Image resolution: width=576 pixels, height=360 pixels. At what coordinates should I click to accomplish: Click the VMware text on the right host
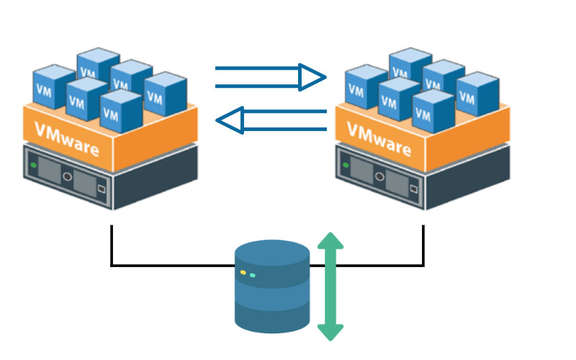click(x=382, y=140)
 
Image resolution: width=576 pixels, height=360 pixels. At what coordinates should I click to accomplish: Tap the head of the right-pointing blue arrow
click(x=312, y=77)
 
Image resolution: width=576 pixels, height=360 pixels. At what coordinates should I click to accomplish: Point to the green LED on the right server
click(x=345, y=165)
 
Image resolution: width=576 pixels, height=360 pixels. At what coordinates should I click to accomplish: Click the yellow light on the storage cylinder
click(x=243, y=273)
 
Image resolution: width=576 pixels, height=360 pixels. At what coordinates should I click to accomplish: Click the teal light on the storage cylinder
click(x=253, y=275)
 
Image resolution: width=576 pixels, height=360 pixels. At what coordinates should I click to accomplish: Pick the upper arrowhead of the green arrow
click(x=330, y=240)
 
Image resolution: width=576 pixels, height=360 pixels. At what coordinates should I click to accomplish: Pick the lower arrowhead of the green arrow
click(x=330, y=332)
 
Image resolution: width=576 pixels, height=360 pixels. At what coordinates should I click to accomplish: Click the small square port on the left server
click(x=101, y=189)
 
